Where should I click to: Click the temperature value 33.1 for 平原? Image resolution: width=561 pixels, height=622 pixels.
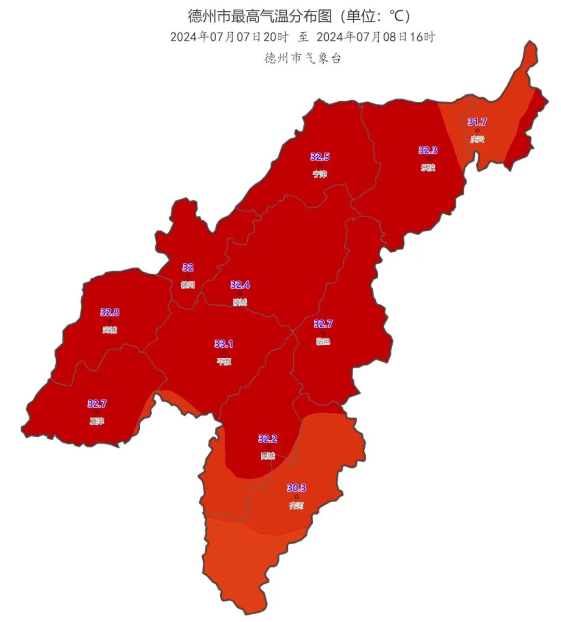224,344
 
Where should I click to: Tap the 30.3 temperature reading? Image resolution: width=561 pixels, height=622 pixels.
297,488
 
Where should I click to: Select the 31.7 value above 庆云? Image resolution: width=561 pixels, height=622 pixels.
477,122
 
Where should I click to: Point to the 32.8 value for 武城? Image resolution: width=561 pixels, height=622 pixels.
110,312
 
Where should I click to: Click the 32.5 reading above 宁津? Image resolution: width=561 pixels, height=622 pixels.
320,156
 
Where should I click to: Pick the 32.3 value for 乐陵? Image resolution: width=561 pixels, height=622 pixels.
428,150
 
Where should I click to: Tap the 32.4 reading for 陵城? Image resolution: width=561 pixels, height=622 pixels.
240,285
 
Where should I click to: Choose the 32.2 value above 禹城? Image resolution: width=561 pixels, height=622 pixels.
268,438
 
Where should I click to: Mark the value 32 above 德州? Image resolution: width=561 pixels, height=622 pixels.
188,267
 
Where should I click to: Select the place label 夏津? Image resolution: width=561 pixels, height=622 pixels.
97,422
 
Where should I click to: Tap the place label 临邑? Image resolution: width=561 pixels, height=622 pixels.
323,342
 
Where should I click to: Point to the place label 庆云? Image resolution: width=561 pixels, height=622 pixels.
477,139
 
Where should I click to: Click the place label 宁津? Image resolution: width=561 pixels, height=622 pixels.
320,174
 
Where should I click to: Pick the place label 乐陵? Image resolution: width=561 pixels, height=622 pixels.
428,168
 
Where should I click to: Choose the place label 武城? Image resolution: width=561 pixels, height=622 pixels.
110,330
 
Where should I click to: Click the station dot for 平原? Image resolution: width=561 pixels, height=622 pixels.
224,353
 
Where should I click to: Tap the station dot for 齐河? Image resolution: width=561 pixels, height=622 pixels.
297,496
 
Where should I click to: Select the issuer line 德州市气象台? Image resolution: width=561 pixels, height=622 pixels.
302,58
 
